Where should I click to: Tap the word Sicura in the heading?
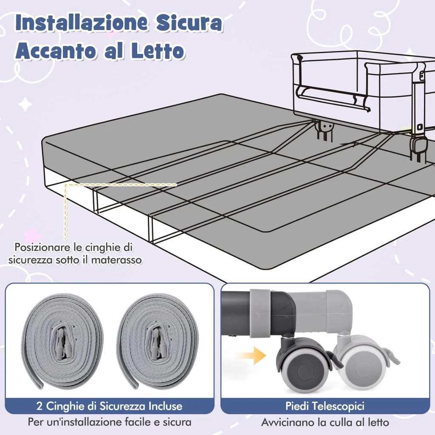(189, 24)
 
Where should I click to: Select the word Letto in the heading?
(158, 51)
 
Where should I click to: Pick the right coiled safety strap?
(157, 342)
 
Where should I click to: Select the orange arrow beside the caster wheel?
(251, 355)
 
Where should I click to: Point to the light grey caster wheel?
(364, 366)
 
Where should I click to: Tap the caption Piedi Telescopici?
(325, 406)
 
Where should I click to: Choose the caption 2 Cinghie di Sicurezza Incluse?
(109, 406)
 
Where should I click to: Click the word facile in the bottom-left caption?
(133, 422)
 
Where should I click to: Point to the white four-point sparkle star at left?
(25, 104)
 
